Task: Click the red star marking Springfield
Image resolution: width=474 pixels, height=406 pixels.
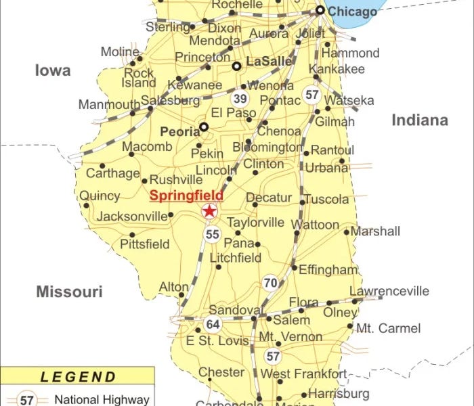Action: tap(210, 212)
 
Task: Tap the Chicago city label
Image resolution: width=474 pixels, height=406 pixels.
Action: tap(352, 12)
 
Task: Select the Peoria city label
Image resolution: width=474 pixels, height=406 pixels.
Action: tap(179, 131)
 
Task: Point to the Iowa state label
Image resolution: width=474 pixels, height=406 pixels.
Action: tap(53, 70)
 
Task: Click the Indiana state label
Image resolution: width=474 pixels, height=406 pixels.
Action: tap(420, 120)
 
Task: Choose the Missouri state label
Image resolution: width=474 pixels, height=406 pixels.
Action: tap(69, 292)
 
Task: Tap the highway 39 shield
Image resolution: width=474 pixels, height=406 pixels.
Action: tap(240, 98)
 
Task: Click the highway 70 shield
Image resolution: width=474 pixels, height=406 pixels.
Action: tap(271, 283)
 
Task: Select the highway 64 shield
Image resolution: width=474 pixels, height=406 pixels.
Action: tap(213, 324)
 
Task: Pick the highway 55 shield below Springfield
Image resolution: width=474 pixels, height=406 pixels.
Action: tap(213, 235)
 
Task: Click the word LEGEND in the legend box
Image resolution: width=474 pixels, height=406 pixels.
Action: tap(79, 377)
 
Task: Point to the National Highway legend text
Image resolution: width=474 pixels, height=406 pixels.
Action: tap(102, 399)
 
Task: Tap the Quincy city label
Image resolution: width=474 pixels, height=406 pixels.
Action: tap(100, 196)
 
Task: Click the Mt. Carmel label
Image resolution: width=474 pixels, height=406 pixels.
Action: tap(389, 328)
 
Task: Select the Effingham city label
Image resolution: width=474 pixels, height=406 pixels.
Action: tap(328, 269)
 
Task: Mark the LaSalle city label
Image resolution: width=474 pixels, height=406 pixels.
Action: tap(269, 62)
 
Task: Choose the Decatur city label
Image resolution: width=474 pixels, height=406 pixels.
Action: tap(268, 198)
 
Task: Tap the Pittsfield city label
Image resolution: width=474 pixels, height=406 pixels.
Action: tap(145, 244)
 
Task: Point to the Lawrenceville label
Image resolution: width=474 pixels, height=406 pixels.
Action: tap(389, 292)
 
